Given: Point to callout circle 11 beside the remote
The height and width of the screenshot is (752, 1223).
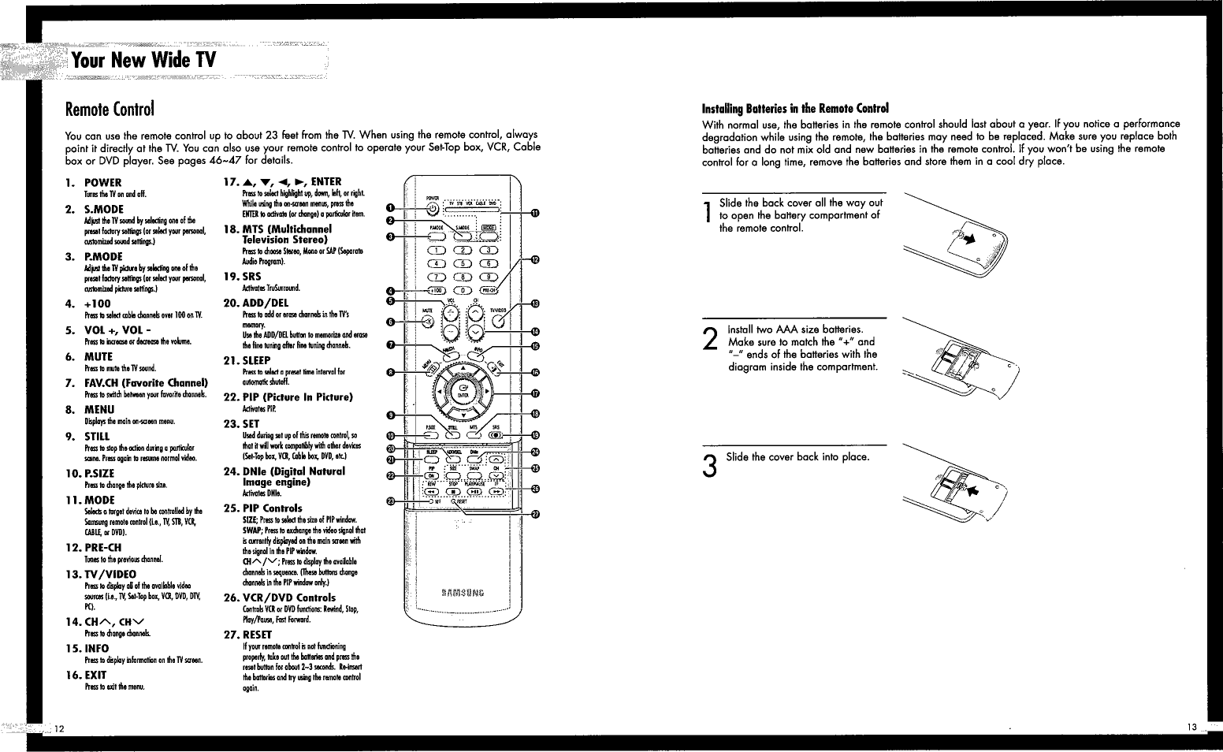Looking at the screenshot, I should click(535, 213).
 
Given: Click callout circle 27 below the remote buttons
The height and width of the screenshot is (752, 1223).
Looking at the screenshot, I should click(536, 516).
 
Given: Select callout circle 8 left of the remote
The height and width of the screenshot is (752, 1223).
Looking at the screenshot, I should click(390, 372).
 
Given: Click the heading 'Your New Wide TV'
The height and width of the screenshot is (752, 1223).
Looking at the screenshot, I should click(143, 60).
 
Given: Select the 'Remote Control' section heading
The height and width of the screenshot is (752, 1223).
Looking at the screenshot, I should click(110, 107).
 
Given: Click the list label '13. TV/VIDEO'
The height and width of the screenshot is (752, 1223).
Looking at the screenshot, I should click(102, 574).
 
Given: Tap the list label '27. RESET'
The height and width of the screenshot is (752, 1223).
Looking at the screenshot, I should click(247, 635).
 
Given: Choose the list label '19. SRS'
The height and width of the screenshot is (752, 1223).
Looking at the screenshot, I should click(243, 277).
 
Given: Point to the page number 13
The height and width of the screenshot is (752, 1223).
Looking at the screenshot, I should click(1190, 726).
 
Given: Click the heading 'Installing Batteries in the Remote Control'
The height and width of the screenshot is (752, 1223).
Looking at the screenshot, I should click(795, 109).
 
